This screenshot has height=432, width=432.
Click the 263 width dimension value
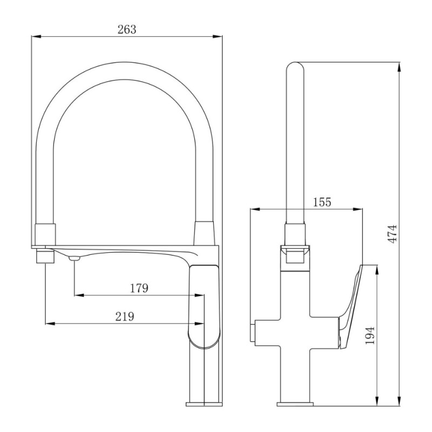click(x=127, y=29)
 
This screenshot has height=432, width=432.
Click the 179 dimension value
click(x=139, y=288)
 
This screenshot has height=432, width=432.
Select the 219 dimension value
click(x=125, y=316)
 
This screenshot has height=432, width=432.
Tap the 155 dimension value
click(x=322, y=202)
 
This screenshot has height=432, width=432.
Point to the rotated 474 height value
click(x=393, y=234)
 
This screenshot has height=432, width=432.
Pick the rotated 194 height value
click(x=370, y=335)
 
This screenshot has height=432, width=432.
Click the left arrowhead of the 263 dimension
click(x=36, y=36)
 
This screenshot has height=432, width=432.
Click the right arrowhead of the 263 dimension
click(x=218, y=36)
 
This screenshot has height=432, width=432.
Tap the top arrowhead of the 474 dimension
click(x=399, y=67)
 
